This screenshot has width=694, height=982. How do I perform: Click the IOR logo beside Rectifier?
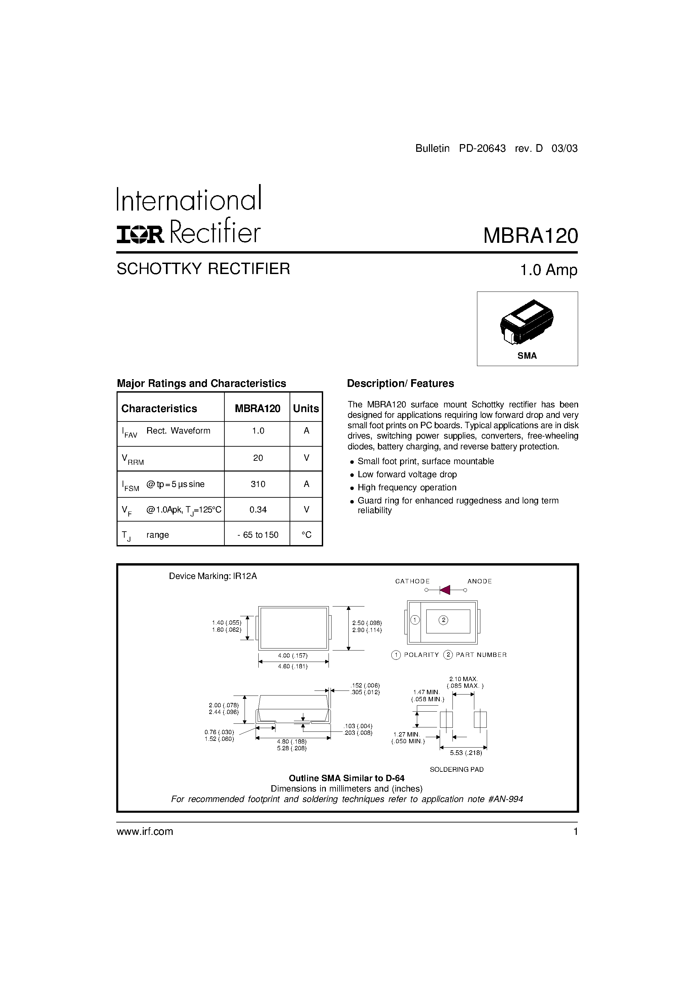[x=140, y=235]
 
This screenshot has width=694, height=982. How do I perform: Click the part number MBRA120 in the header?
[x=530, y=236]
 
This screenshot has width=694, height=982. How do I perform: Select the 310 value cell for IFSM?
[x=258, y=484]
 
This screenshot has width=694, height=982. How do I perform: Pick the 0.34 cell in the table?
[x=258, y=509]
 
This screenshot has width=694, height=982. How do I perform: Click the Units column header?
[x=306, y=408]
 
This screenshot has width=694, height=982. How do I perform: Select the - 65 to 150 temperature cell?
[x=258, y=535]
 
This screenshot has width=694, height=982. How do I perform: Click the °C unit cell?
[x=306, y=535]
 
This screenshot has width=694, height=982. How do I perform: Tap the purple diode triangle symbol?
[x=445, y=590]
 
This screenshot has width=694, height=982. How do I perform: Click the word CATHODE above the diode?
[x=413, y=581]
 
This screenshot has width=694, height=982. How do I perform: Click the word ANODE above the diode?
[x=480, y=581]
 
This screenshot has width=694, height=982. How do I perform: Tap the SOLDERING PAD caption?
[x=457, y=769]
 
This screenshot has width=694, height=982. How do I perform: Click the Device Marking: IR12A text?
[x=213, y=576]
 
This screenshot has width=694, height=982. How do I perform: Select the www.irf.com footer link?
[x=145, y=832]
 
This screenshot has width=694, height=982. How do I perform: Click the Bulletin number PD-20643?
[x=482, y=148]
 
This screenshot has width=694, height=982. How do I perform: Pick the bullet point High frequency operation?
[x=407, y=488]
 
